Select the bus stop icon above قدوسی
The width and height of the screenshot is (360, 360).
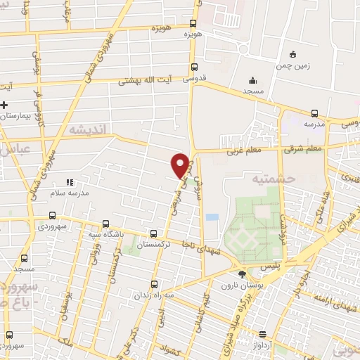pyautogui.click(x=194, y=67)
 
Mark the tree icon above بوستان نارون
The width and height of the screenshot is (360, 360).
pyautogui.click(x=243, y=273)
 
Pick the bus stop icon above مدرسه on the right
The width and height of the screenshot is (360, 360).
pyautogui.click(x=315, y=112)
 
